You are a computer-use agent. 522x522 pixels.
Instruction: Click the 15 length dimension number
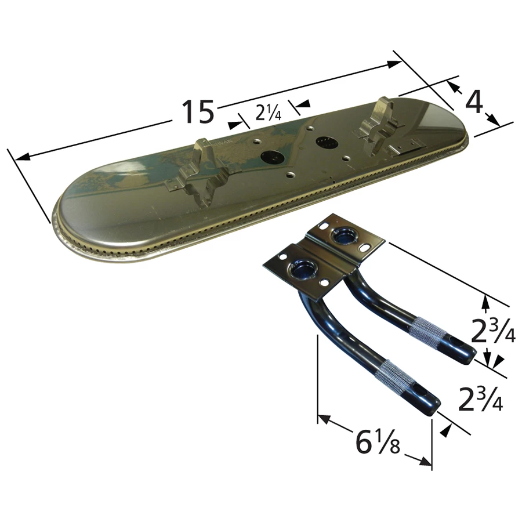click(198, 111)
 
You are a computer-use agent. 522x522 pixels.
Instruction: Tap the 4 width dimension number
click(474, 103)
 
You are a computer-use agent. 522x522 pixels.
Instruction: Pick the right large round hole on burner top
click(323, 141)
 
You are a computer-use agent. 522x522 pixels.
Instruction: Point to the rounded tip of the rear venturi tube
click(469, 353)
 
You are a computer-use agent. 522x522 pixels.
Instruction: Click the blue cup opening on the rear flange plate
click(339, 235)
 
